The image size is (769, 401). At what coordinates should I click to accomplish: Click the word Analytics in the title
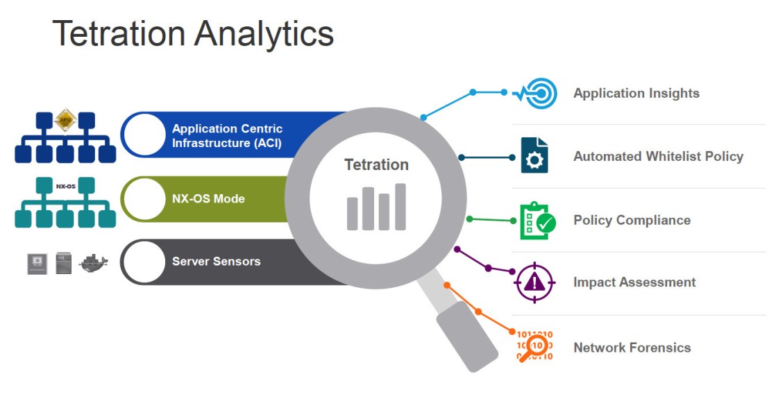pos(264,33)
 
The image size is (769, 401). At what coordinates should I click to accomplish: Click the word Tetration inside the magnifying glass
pos(376,165)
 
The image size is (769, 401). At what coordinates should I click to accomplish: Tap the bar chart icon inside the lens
pos(376,207)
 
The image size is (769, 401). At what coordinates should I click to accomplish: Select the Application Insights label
pos(636,94)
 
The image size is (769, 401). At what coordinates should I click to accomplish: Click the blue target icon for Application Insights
pos(536,93)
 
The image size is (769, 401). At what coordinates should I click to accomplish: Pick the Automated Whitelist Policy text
pos(657,157)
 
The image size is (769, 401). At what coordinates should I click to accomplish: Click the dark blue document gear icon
pos(534,155)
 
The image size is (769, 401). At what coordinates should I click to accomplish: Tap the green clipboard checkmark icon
pos(536,221)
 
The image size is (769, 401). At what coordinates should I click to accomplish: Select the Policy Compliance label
pos(632,221)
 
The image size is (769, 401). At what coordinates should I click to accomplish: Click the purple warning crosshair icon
pos(534,282)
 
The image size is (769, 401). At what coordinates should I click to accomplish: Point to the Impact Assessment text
pos(634,282)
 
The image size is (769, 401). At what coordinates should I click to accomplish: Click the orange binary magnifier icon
pos(535,345)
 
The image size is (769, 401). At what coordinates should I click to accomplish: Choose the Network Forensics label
pos(632,348)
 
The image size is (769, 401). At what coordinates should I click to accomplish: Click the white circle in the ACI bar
pos(144,135)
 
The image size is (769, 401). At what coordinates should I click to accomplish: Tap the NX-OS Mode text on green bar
pos(208,199)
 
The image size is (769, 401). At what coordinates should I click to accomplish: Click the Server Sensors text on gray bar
pos(216,262)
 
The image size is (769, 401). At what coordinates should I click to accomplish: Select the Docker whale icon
pos(94,263)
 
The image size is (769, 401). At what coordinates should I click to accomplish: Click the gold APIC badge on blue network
pos(65,119)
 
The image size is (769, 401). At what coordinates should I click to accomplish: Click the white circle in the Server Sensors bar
pos(144,262)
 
